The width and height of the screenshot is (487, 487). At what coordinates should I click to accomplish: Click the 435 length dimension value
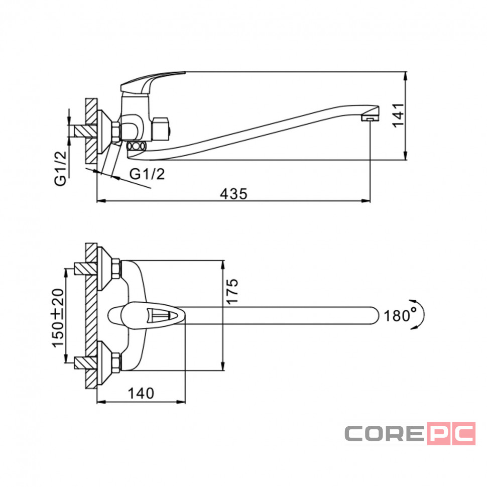pos(233,194)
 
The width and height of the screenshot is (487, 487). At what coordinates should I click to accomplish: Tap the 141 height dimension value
pos(398,115)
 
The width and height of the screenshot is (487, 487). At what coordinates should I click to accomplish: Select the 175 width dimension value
pos(232,291)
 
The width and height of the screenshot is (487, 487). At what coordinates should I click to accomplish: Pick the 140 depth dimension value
pos(141,394)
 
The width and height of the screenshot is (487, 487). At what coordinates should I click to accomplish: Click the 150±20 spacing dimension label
pos(58,318)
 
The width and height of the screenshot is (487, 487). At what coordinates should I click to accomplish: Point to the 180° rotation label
pos(400,316)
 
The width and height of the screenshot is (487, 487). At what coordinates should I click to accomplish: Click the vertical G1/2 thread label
pos(61,169)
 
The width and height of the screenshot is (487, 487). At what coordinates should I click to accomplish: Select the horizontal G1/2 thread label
pos(147,174)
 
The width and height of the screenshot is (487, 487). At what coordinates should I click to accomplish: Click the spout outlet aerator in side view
pos(370,118)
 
